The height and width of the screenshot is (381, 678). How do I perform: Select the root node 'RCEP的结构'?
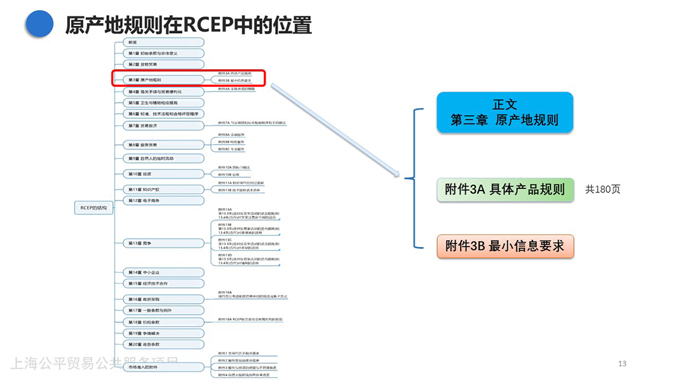pyautogui.click(x=93, y=208)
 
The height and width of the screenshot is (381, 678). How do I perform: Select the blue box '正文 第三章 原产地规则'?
pyautogui.click(x=505, y=112)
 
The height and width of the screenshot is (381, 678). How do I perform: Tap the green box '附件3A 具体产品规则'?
pyautogui.click(x=505, y=189)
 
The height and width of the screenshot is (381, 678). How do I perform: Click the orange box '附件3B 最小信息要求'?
pyautogui.click(x=505, y=246)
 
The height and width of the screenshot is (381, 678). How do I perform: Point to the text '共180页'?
pyautogui.click(x=602, y=189)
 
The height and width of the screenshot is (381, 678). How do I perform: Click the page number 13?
pyautogui.click(x=622, y=363)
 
